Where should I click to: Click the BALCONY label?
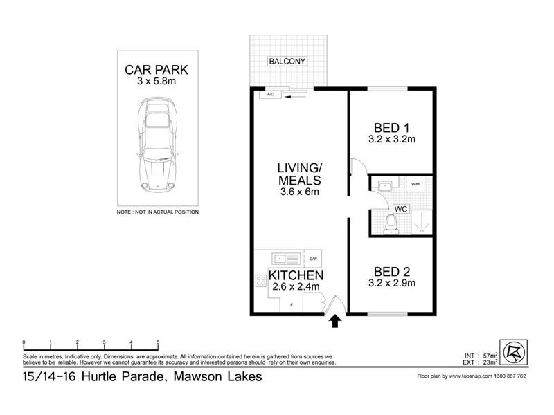tap(287, 62)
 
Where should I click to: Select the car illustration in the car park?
tap(157, 145)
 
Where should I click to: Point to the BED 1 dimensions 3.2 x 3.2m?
tap(391, 140)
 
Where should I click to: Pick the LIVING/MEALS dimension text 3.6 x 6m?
tap(298, 192)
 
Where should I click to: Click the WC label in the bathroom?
tap(400, 209)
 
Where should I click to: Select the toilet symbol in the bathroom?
tap(391, 223)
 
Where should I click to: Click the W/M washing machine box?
tap(415, 185)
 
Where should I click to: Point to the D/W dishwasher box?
tap(313, 259)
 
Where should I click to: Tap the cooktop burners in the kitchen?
tap(262, 281)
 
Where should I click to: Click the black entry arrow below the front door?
tap(334, 321)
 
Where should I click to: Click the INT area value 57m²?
tap(490, 355)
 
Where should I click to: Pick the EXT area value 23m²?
tap(490, 362)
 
